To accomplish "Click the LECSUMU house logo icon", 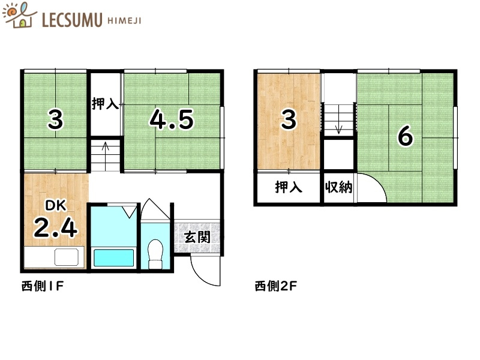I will pyautogui.click(x=19, y=16).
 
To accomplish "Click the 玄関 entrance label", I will pyautogui.click(x=196, y=237).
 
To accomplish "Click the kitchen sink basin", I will pyautogui.click(x=67, y=257).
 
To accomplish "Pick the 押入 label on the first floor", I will pyautogui.click(x=105, y=104).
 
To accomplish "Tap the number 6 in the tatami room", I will pyautogui.click(x=406, y=137).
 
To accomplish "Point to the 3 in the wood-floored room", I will pyautogui.click(x=289, y=120).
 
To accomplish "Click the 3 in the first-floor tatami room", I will pyautogui.click(x=55, y=121).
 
